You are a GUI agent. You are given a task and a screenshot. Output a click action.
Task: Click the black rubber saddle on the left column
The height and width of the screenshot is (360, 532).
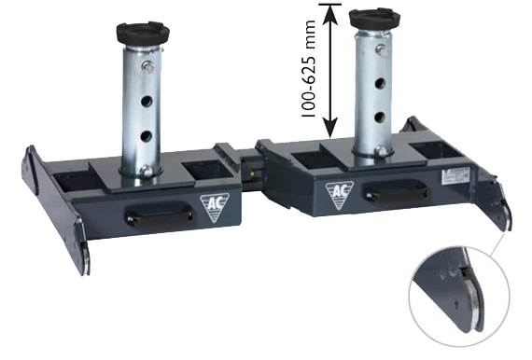(x=143, y=34)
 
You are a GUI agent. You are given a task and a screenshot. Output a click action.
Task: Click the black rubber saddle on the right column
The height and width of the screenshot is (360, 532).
(x=375, y=20)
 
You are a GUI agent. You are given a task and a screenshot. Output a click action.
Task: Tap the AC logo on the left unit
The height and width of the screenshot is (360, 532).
(x=215, y=206)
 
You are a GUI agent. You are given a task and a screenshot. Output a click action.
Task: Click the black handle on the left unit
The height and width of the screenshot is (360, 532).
(x=159, y=214)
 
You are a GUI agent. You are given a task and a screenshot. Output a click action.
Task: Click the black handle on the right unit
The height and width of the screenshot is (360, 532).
(x=396, y=191)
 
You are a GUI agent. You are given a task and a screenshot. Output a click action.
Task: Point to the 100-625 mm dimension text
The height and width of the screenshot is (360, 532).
(x=309, y=69)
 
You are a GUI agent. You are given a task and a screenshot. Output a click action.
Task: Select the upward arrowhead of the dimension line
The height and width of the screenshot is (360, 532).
(x=330, y=15)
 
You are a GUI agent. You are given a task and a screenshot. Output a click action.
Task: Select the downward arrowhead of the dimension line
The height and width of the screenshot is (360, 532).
(x=330, y=128)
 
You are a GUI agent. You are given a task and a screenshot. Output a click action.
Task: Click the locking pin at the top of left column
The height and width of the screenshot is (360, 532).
(x=147, y=66)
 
